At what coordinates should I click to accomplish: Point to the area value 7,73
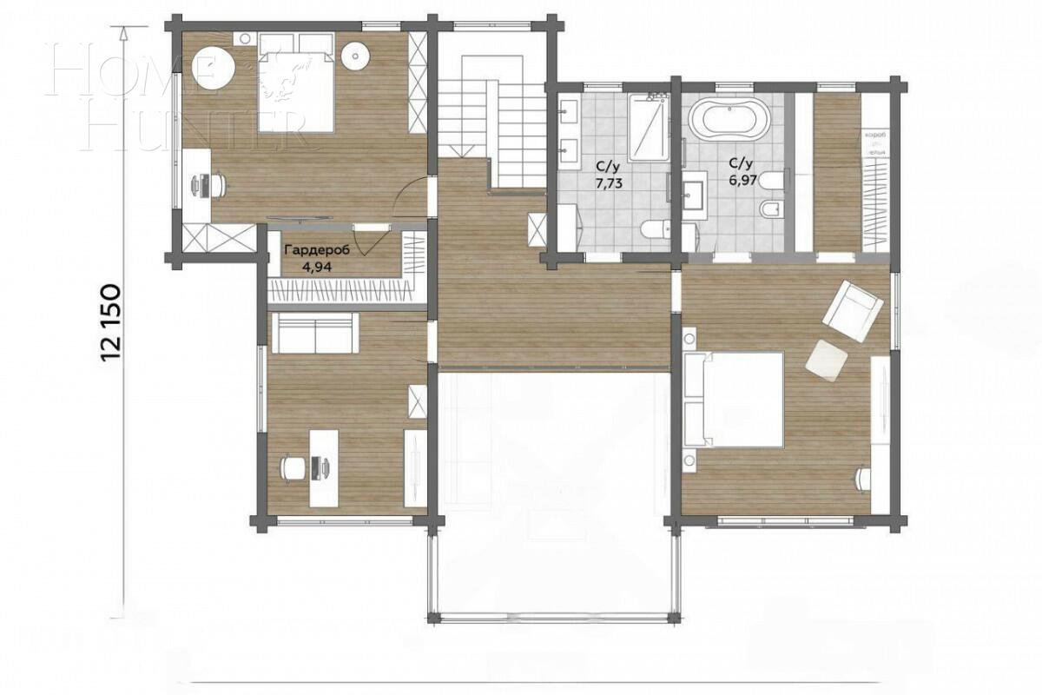pyautogui.click(x=608, y=184)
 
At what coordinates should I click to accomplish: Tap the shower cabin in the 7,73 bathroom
pyautogui.click(x=648, y=128)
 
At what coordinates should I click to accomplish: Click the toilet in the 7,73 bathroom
pyautogui.click(x=652, y=229)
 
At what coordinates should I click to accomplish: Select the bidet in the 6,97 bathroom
pyautogui.click(x=770, y=209)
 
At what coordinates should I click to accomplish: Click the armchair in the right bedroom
pyautogui.click(x=852, y=309)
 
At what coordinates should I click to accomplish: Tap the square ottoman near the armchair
pyautogui.click(x=825, y=358)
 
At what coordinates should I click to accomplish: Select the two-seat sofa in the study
pyautogui.click(x=314, y=334)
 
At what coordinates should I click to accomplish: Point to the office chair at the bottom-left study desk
pyautogui.click(x=291, y=467)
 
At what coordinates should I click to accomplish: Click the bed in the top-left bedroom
pyautogui.click(x=295, y=83)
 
